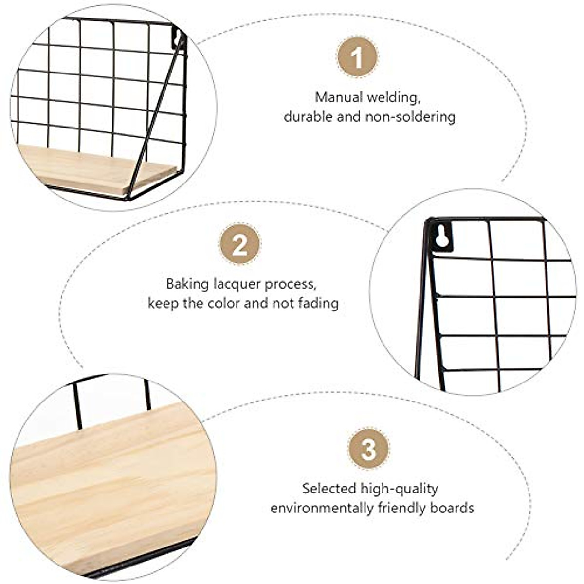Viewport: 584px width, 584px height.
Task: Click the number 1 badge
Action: tap(358, 57)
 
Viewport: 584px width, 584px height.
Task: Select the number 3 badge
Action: tap(369, 449)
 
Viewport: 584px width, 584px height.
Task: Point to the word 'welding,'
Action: tap(394, 97)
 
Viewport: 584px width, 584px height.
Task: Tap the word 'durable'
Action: tap(309, 117)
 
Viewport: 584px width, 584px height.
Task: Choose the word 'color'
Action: tap(224, 303)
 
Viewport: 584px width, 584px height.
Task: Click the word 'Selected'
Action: tap(329, 488)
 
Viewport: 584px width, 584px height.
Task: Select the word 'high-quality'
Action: tap(400, 489)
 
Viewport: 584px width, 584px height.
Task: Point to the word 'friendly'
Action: tap(402, 508)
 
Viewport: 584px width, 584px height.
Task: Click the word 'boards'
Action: tap(452, 508)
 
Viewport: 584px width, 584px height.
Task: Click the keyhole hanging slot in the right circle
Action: tap(442, 236)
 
